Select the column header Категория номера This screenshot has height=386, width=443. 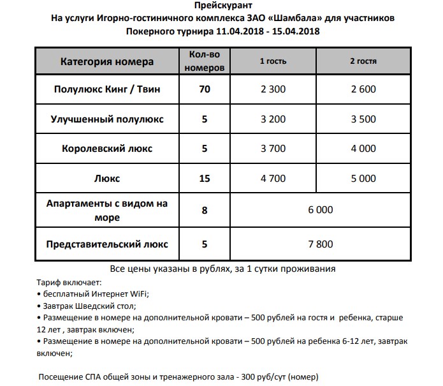tap(107, 62)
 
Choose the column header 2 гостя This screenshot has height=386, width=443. tap(363, 62)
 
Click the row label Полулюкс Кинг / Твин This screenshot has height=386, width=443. tap(107, 89)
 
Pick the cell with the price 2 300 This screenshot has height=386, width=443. tap(273, 89)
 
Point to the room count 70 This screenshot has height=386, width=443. tap(205, 89)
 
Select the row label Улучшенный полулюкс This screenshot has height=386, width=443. tap(107, 119)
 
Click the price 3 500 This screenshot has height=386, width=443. tap(363, 119)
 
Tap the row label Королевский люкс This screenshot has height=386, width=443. tap(107, 149)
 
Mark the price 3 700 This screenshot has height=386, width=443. tap(273, 149)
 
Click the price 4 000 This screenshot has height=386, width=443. tap(363, 149)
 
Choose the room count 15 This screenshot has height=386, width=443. tap(205, 179)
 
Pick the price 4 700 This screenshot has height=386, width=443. tap(273, 179)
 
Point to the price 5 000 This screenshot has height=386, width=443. tap(363, 179)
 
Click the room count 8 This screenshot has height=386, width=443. tap(205, 210)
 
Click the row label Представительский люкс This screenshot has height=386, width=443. tap(107, 244)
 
